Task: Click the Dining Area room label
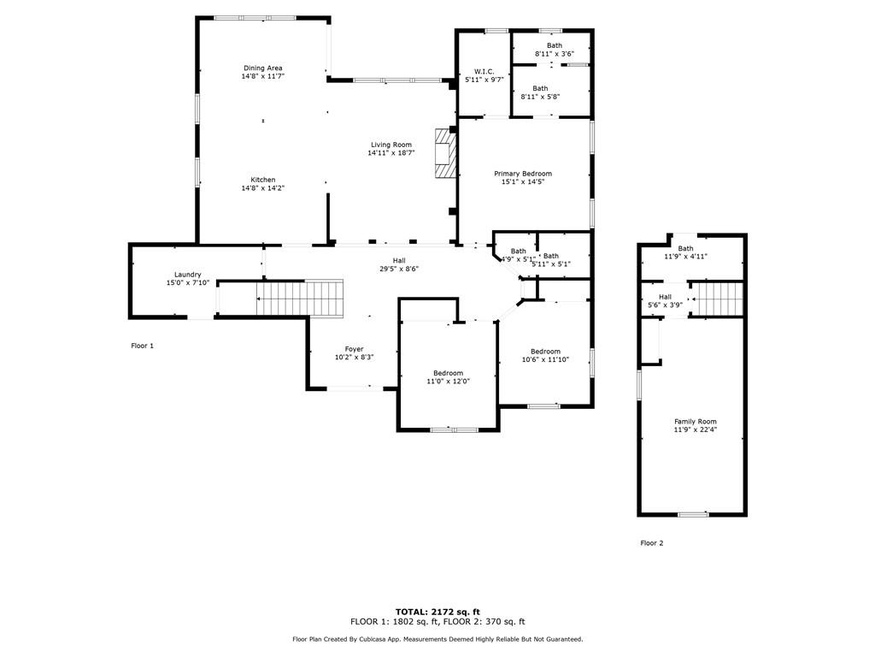(x=262, y=68)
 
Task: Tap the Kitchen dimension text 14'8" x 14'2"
(x=262, y=188)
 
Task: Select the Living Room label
(x=391, y=145)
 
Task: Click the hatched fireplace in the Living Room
(x=445, y=153)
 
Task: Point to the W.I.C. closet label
(x=484, y=71)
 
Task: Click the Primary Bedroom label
(x=522, y=174)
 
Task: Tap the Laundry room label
(x=187, y=275)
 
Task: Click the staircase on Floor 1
(x=300, y=298)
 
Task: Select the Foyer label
(x=354, y=349)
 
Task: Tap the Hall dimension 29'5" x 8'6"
(x=399, y=269)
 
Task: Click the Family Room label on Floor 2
(x=695, y=422)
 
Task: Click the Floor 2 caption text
(x=651, y=543)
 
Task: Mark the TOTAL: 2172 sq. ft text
(x=437, y=612)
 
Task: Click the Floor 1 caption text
(x=142, y=346)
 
